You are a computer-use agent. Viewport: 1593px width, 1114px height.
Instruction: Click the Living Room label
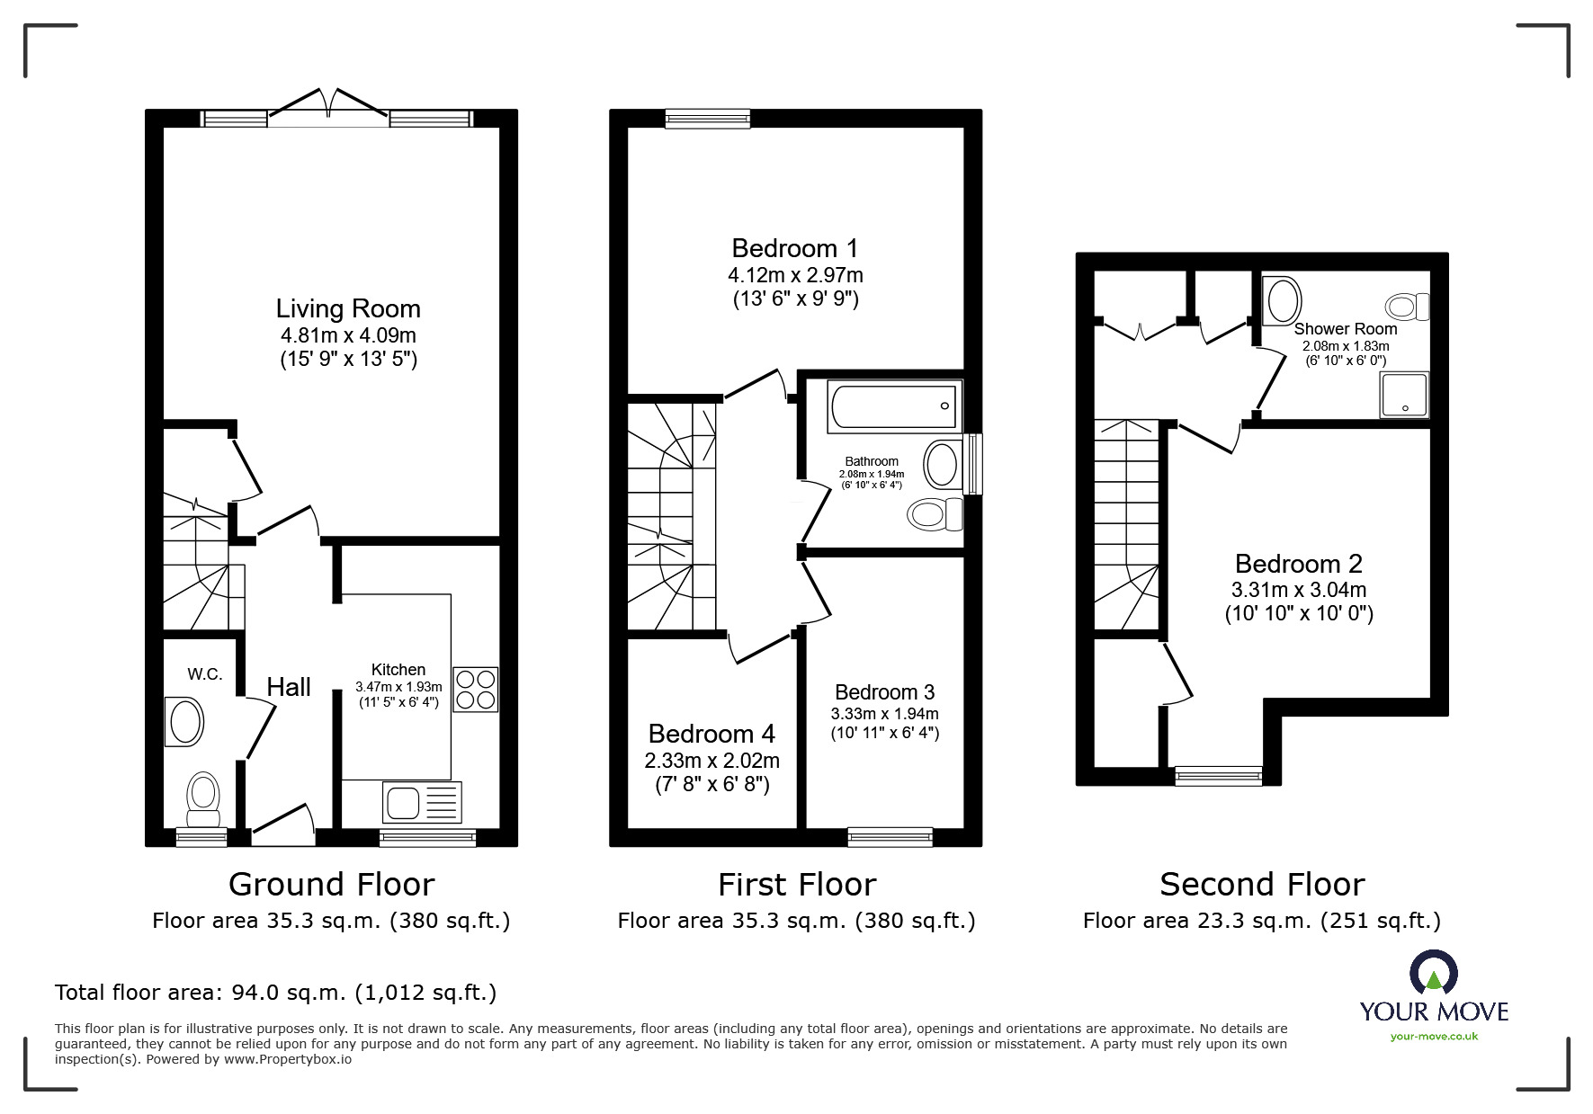click(x=347, y=309)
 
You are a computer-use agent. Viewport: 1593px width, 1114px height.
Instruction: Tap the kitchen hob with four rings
click(x=475, y=690)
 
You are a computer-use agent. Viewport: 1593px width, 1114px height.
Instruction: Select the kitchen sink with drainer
click(x=422, y=802)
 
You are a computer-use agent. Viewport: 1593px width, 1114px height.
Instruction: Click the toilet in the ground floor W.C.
click(x=203, y=799)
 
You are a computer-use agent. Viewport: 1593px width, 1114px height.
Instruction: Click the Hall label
click(x=289, y=687)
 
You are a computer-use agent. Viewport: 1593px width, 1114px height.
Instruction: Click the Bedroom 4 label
click(x=711, y=734)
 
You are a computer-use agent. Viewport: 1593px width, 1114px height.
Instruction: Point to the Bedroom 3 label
click(x=884, y=692)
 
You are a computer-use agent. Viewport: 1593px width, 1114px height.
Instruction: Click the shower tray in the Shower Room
click(x=1404, y=396)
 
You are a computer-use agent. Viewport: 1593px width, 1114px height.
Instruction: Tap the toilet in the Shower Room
click(x=1407, y=307)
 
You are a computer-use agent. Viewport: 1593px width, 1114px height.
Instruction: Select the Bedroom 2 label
click(x=1298, y=564)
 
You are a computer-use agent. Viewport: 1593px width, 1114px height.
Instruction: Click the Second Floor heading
click(x=1261, y=885)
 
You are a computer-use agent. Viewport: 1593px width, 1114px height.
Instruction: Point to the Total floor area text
click(x=275, y=993)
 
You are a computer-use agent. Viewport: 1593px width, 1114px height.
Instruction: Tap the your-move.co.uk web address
click(x=1434, y=1037)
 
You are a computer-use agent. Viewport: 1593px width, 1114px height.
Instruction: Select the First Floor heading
click(x=796, y=885)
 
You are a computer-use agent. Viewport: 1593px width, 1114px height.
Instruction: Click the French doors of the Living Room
click(x=328, y=105)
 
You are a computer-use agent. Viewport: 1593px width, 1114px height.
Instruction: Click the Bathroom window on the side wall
click(x=973, y=464)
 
